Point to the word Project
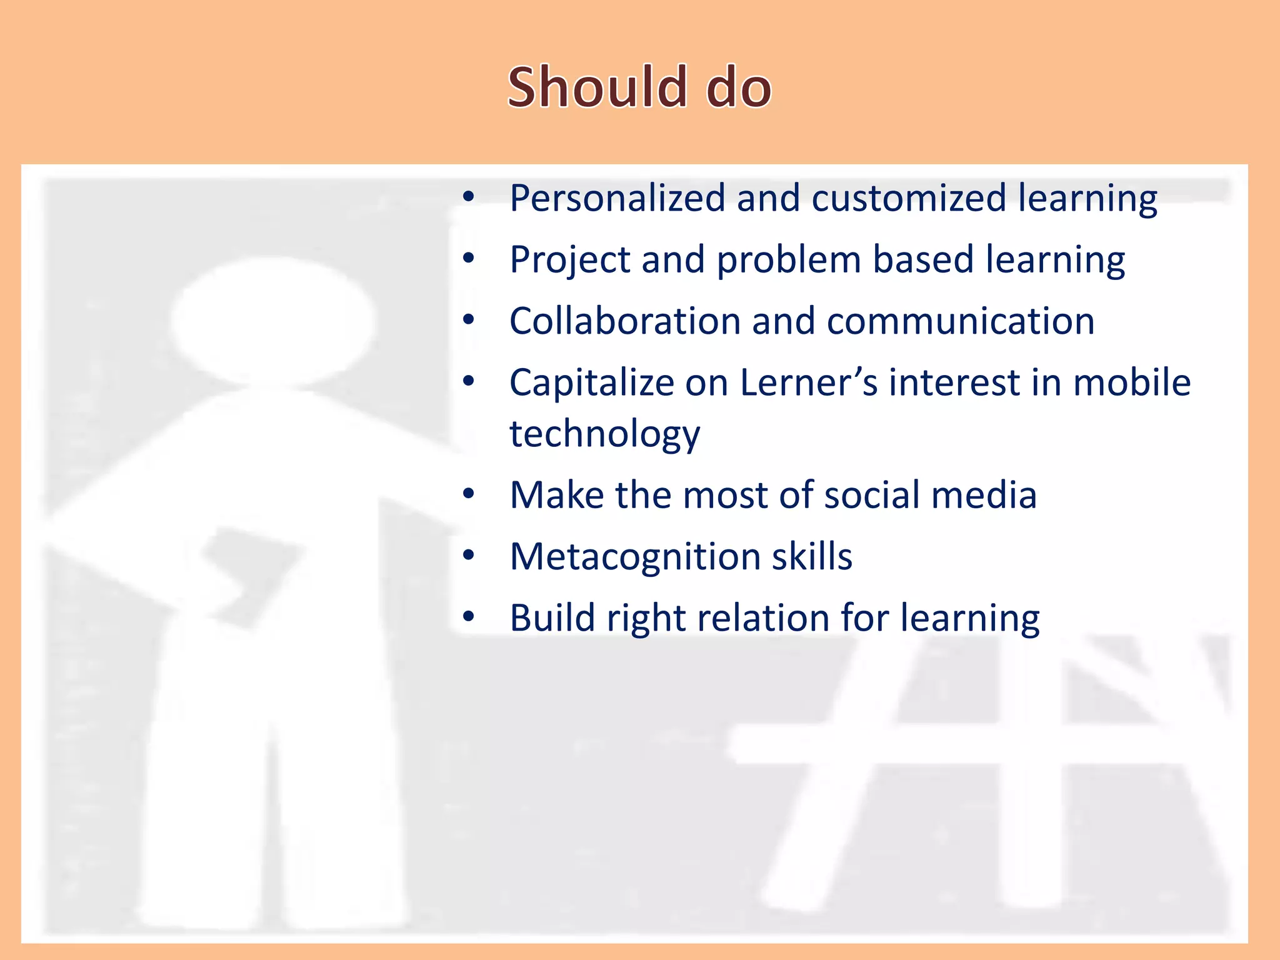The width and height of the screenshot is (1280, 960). [x=569, y=260]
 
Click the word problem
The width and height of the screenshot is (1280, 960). [x=789, y=260]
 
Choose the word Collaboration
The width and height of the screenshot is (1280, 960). [x=624, y=321]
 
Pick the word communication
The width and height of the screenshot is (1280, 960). [x=961, y=321]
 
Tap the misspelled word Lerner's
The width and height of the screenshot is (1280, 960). [x=809, y=382]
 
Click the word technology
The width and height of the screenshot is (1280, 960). [x=604, y=434]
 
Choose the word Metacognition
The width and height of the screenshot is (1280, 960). [x=634, y=556]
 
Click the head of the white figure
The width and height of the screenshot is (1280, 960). [x=273, y=322]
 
